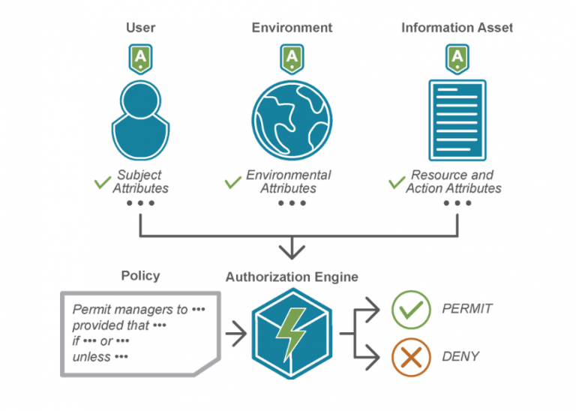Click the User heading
140,28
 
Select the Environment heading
292,28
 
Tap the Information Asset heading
457,28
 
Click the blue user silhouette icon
140,118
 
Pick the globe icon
292,118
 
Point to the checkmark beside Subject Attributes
102,182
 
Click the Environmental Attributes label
288,181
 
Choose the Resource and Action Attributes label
453,181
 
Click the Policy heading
140,276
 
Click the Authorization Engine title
292,277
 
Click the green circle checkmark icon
411,310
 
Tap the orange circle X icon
411,357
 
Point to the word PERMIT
467,309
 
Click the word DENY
459,357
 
